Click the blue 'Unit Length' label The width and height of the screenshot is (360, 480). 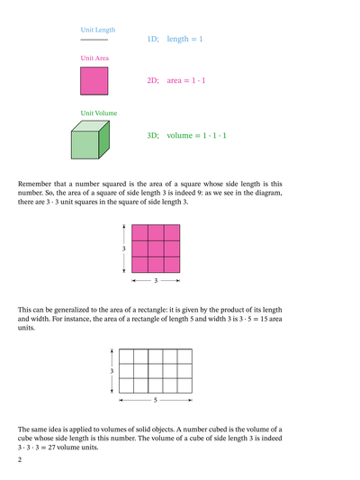coord(98,30)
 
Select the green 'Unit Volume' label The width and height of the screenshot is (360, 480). coord(99,113)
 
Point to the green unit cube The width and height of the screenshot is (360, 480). coord(90,142)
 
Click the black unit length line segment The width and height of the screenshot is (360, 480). coord(94,41)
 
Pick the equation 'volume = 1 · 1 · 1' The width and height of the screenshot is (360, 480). coord(197,135)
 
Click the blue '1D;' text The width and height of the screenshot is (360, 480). coord(153,40)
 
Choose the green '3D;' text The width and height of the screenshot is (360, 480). coord(153,135)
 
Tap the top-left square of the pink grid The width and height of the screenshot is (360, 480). coord(139,232)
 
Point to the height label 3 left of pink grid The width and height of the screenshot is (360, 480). coord(123,249)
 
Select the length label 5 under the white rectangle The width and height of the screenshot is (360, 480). coord(156,398)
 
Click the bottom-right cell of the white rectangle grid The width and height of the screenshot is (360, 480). coord(184,383)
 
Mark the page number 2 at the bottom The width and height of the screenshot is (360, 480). coord(20,461)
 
